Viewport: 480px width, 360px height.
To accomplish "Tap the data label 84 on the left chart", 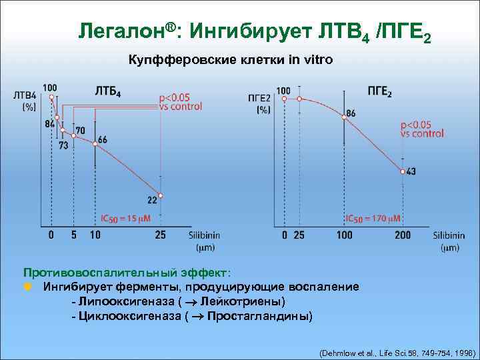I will (x=50, y=123).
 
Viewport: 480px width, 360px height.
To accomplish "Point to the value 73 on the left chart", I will (x=63, y=145).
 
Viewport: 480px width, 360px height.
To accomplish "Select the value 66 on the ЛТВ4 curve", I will (x=102, y=140).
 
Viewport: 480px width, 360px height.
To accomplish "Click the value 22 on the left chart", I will (x=153, y=199).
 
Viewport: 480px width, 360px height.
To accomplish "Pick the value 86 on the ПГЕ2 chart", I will (x=351, y=113).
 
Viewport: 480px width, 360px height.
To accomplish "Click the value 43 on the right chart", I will (x=411, y=171).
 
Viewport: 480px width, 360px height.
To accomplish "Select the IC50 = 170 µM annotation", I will (x=373, y=218).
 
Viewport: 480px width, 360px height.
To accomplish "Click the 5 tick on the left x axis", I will (x=73, y=235).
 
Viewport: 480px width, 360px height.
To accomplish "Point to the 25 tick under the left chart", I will (x=161, y=235).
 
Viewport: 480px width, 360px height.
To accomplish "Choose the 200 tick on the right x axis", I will (x=403, y=235).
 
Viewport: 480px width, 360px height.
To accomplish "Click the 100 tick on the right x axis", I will (x=344, y=235).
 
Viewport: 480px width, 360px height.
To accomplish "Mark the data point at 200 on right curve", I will (x=403, y=171).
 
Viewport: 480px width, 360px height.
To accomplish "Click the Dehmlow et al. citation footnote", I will (x=397, y=351).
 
